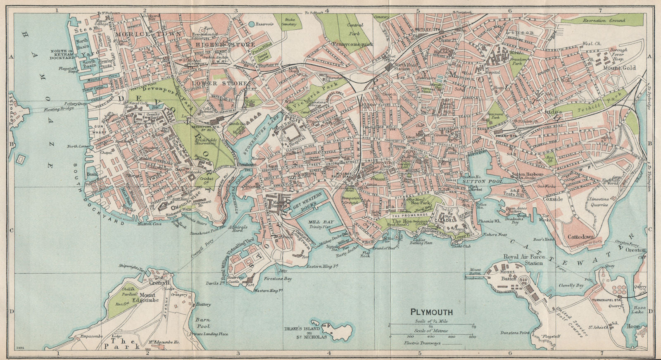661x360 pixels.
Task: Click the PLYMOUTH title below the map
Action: [431, 312]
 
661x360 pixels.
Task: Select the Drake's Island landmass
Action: [340, 331]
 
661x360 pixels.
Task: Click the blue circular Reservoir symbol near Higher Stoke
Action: [252, 24]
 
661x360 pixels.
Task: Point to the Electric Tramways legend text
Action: [423, 343]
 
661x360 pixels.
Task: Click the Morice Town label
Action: [148, 34]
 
